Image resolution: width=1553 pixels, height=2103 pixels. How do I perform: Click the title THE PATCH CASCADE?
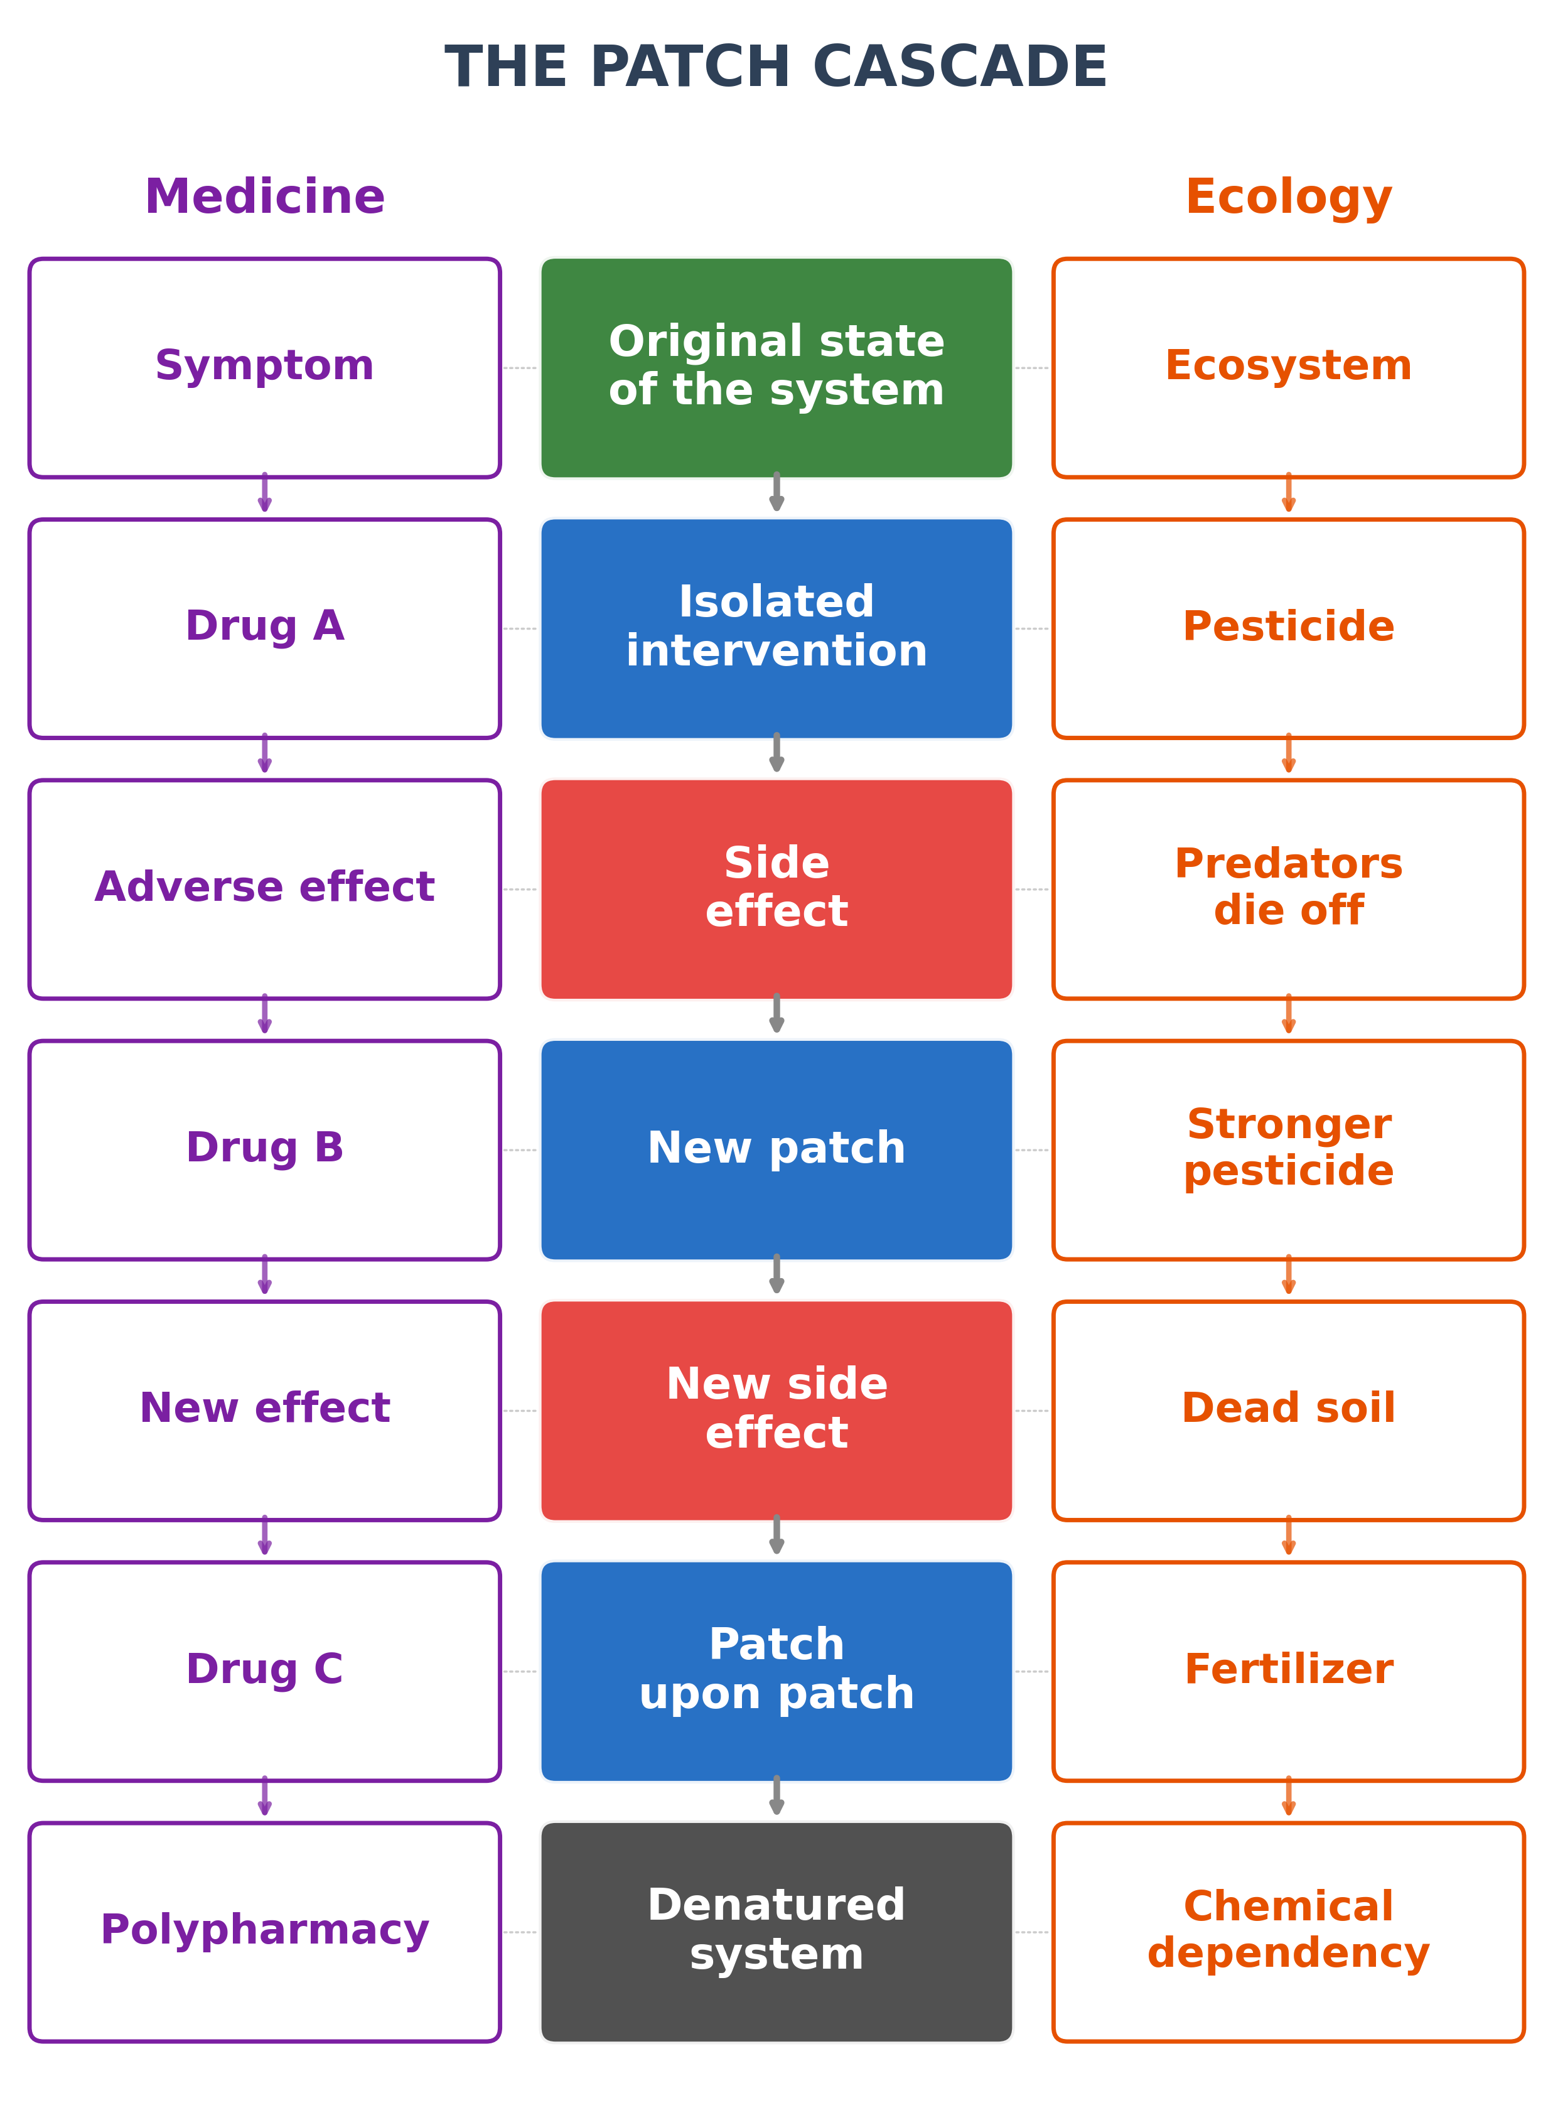(776, 68)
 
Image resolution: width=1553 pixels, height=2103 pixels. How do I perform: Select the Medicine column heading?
(264, 196)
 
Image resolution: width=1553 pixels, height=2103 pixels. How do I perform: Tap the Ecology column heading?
(1288, 196)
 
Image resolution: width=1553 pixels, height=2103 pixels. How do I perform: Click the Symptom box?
(264, 368)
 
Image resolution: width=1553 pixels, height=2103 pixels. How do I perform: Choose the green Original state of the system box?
(776, 368)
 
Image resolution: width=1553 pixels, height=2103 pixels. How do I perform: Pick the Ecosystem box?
(1288, 368)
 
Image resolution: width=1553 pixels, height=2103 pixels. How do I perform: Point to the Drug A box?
(264, 628)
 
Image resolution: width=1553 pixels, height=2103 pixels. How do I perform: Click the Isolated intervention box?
(776, 628)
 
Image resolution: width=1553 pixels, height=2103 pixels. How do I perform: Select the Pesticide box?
(1288, 628)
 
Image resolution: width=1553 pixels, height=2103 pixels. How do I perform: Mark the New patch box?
(776, 1149)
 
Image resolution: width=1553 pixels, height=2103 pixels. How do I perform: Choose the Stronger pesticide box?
(1288, 1149)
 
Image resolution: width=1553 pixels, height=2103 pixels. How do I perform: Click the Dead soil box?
(1288, 1409)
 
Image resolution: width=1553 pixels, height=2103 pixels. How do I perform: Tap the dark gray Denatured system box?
(776, 1931)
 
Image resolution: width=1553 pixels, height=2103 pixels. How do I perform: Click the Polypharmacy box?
(264, 1931)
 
